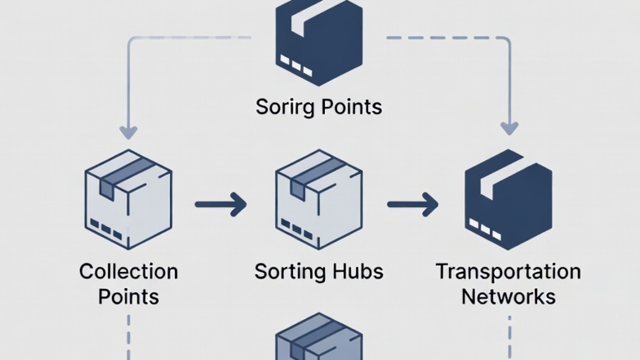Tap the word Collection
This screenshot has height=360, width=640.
(128, 272)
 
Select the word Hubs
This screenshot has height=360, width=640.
(358, 271)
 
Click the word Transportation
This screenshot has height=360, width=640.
(508, 271)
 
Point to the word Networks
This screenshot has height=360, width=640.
(508, 297)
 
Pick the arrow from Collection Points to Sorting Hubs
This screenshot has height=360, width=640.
(220, 204)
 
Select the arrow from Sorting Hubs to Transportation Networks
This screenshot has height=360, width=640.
(413, 204)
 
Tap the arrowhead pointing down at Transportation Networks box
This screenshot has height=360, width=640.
(509, 128)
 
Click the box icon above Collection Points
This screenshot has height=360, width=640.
(128, 199)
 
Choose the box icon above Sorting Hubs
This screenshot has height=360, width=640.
(319, 199)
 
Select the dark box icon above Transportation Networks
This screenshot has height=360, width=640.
(508, 199)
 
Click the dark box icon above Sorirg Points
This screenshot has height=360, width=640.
(319, 42)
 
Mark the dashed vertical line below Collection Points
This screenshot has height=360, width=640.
(128, 337)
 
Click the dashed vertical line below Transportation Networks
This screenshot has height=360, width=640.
(509, 337)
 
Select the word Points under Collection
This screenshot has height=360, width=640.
(128, 297)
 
